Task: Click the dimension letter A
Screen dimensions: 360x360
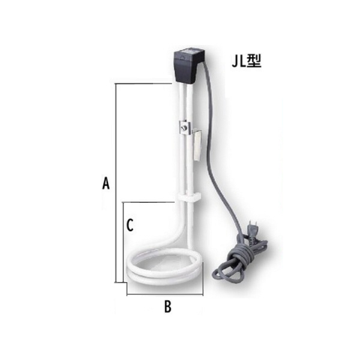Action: point(106,183)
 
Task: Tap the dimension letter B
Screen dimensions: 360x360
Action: point(168,307)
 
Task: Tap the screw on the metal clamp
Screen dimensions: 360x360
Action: point(186,127)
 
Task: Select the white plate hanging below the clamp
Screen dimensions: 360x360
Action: point(195,146)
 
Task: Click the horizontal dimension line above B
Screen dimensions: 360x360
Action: point(165,295)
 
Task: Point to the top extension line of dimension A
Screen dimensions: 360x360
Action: point(144,83)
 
